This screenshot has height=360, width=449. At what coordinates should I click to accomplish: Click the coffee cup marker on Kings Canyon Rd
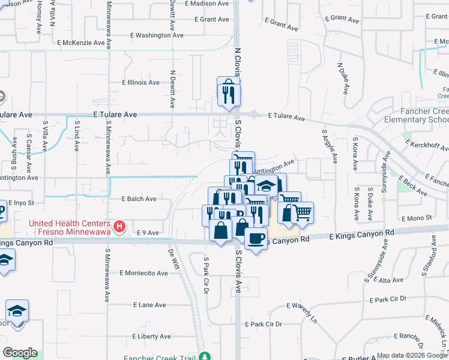point(256,238)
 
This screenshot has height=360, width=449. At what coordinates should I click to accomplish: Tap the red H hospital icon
point(119,226)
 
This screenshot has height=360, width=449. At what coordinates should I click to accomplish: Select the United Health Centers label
point(71,226)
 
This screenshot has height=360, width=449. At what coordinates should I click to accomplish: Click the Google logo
point(20,353)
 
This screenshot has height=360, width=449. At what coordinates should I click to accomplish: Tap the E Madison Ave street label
point(207,4)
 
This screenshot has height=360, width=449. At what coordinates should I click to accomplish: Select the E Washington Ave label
point(157,35)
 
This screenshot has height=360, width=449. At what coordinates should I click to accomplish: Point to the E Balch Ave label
point(139,199)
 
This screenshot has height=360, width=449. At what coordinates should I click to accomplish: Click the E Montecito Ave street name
point(143,273)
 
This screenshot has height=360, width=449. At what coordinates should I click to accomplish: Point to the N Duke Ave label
point(343,78)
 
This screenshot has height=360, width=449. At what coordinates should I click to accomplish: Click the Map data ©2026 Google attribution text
point(412,355)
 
